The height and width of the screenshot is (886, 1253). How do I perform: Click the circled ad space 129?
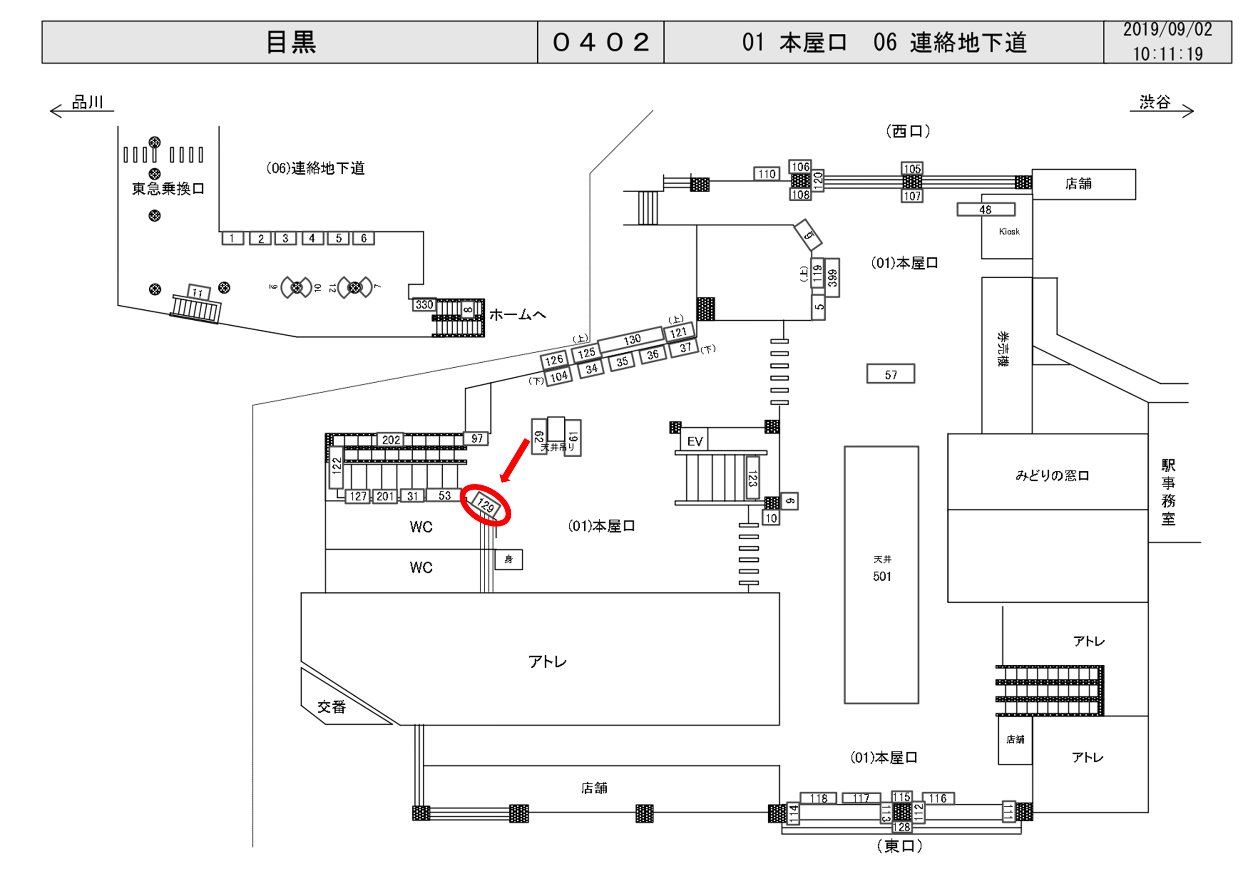point(485,505)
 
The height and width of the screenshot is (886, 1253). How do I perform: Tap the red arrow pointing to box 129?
point(515,461)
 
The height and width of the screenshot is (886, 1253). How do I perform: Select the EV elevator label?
point(695,441)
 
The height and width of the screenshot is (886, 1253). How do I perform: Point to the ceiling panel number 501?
point(881,576)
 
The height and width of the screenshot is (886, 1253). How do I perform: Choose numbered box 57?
point(891,374)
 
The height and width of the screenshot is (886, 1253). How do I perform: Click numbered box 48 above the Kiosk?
point(986,209)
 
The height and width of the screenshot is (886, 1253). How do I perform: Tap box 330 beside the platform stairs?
point(424,304)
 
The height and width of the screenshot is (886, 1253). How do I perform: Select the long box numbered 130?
point(631,339)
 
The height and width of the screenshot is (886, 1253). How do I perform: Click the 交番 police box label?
point(332,707)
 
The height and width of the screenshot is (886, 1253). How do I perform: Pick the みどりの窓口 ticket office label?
point(1052,475)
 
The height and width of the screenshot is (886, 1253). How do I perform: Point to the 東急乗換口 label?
point(168,189)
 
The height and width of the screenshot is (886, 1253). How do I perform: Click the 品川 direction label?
point(87,102)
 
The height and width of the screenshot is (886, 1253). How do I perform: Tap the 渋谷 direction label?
point(1155,102)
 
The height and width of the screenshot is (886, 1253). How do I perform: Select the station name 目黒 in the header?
point(291,42)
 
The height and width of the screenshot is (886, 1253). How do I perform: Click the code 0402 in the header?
point(601,42)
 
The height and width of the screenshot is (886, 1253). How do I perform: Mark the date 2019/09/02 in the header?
point(1167,30)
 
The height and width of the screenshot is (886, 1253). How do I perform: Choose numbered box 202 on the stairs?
point(391,440)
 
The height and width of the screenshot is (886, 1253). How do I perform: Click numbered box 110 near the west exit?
point(767,174)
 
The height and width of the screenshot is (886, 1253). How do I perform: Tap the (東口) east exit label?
point(899,846)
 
